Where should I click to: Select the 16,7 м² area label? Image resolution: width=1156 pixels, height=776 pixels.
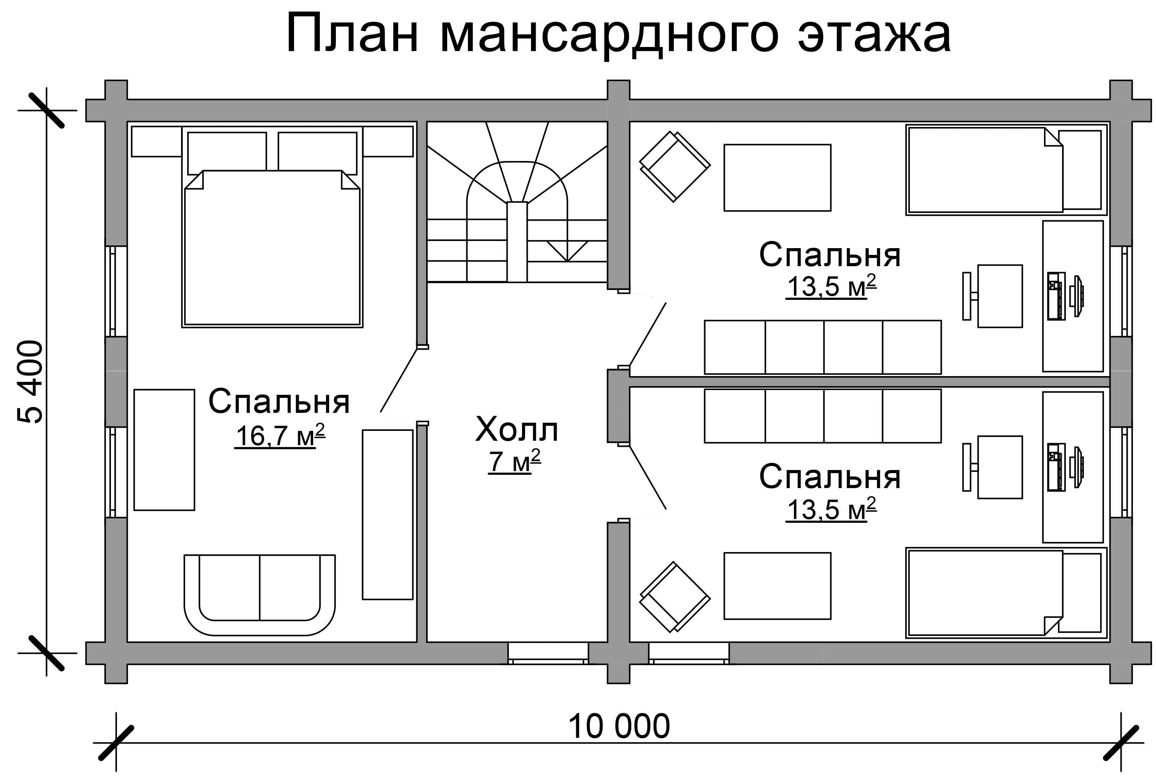click(x=280, y=436)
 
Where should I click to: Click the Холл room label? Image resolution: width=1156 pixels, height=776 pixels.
click(x=517, y=429)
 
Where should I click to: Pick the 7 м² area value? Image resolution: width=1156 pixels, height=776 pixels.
click(x=515, y=461)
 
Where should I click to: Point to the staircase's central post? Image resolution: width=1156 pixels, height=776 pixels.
click(x=517, y=242)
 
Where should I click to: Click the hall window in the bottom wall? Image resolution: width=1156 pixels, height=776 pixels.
click(x=548, y=653)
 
